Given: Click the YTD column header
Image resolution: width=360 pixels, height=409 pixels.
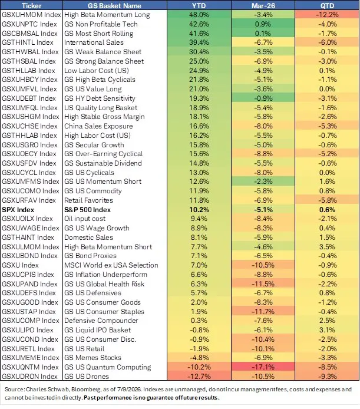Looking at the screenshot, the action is click(199, 5).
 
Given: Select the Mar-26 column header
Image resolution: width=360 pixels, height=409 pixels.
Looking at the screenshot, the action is click(263, 5).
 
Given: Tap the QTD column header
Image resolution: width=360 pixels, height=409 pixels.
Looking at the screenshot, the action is click(327, 5).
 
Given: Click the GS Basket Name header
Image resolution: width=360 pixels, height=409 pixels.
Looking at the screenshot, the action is click(114, 5).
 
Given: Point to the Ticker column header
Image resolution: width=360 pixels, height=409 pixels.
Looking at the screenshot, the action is click(31, 5).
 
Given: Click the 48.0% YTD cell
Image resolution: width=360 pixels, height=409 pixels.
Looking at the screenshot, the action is click(199, 15).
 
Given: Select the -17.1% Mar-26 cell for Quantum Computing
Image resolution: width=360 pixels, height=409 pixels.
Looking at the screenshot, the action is click(263, 367).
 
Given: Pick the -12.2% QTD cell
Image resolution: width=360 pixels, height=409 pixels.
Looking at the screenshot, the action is click(327, 15).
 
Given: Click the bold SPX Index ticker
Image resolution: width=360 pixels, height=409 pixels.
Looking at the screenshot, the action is click(18, 210).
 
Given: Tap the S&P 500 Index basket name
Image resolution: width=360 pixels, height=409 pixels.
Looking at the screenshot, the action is click(87, 210).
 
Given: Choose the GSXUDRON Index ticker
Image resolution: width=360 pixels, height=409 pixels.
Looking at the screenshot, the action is click(29, 377).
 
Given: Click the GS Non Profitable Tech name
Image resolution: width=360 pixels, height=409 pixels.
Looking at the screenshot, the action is click(101, 24).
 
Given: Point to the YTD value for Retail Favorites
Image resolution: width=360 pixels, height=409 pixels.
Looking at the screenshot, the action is click(199, 200).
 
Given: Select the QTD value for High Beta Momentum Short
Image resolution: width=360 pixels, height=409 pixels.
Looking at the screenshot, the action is click(327, 247).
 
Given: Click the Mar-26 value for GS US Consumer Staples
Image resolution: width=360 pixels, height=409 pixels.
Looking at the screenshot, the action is click(263, 312).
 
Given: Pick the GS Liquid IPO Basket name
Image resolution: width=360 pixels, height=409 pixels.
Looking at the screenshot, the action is click(98, 330).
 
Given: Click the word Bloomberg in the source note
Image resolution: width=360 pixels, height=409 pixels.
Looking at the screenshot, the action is click(86, 390).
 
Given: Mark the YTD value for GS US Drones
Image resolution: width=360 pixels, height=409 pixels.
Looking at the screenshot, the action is click(199, 377).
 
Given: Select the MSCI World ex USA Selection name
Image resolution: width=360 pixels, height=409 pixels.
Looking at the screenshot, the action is click(111, 265).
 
